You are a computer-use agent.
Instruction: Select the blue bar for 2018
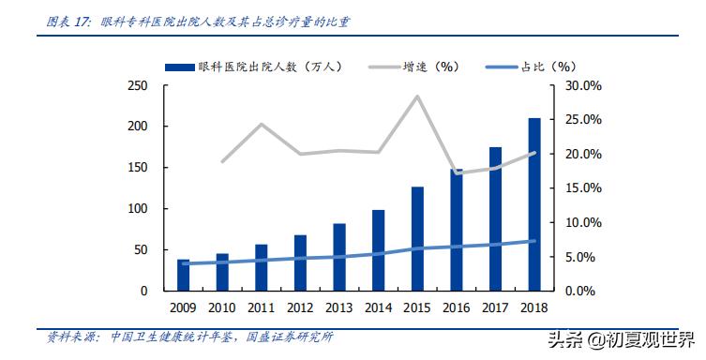click(533, 204)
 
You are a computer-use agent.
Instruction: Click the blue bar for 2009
click(184, 275)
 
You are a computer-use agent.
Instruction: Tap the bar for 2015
click(417, 238)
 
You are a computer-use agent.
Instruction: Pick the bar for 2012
click(300, 262)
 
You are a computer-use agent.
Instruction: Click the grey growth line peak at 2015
click(417, 97)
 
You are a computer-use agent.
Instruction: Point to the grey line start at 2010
click(222, 162)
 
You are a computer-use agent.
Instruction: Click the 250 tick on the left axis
click(137, 85)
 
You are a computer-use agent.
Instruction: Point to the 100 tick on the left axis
click(137, 208)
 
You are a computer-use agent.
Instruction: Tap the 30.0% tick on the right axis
click(582, 85)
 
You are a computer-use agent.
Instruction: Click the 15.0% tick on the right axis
click(582, 187)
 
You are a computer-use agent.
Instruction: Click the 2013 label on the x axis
click(338, 307)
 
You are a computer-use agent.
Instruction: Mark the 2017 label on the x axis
click(494, 307)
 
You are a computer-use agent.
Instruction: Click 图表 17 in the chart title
click(63, 20)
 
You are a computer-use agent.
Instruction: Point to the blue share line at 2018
click(533, 241)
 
